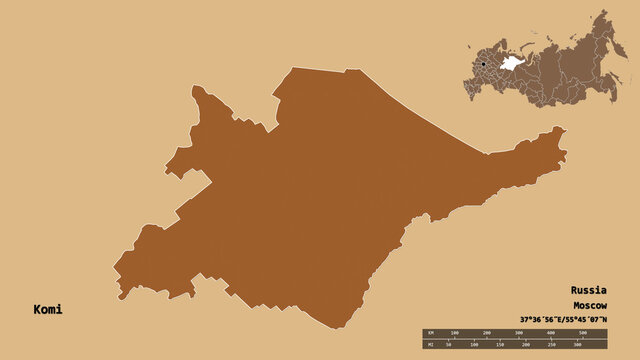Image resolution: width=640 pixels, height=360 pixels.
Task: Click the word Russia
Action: [x=589, y=291]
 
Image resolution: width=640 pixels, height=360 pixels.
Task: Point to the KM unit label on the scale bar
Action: [x=429, y=332]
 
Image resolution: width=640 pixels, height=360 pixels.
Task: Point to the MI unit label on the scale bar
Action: [x=429, y=345]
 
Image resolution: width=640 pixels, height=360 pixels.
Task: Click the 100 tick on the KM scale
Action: [x=455, y=332]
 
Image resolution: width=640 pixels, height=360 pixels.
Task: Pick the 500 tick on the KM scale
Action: [x=583, y=332]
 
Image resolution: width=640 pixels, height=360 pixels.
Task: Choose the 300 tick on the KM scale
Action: [x=519, y=332]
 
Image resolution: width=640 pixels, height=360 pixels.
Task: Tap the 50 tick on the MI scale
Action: [x=450, y=345]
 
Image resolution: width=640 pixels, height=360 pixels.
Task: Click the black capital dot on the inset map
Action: [x=483, y=65]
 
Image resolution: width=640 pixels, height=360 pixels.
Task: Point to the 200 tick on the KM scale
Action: [x=487, y=332]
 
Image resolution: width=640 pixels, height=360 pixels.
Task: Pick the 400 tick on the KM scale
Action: [x=551, y=332]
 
